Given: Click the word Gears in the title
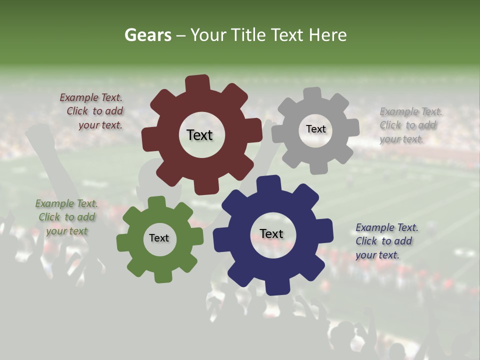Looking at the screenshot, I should pyautogui.click(x=148, y=35).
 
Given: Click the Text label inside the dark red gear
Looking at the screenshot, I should pyautogui.click(x=199, y=135).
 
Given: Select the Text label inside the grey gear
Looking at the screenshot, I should pyautogui.click(x=315, y=129).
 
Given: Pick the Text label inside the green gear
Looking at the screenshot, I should pyautogui.click(x=158, y=238).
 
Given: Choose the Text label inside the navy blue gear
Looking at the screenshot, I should pyautogui.click(x=271, y=233).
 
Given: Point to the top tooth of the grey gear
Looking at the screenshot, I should pyautogui.click(x=312, y=94).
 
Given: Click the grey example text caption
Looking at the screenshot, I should pyautogui.click(x=410, y=125).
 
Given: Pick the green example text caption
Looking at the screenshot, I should pyautogui.click(x=66, y=217).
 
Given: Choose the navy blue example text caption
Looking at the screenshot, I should pyautogui.click(x=385, y=241).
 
